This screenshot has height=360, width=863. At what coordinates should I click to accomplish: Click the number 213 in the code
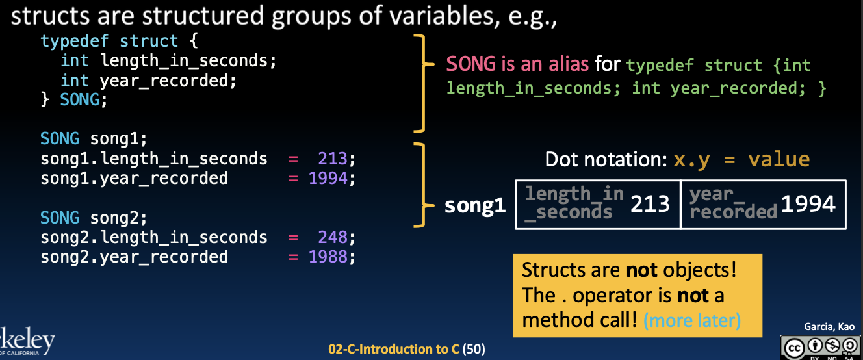pos(333,159)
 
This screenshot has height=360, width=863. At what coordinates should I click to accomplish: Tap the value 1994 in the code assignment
pos(328,178)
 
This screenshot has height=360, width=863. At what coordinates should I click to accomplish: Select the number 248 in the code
pos(333,237)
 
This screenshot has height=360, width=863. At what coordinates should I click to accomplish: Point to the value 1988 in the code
pos(328,257)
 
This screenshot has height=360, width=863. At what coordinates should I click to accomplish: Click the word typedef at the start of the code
pos(75,42)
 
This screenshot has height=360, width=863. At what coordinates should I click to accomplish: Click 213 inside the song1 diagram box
pos(650,203)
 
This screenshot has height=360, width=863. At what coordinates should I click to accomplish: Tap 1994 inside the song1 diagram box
pos(808,203)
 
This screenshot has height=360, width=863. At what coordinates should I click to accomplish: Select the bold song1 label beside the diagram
pos(475,205)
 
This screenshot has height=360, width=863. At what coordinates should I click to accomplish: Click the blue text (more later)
pos(692,320)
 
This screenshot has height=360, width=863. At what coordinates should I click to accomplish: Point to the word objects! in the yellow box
pos(700,270)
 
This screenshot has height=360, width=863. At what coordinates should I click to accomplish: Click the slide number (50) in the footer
pos(474,349)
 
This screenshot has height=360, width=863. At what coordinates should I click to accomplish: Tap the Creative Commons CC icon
pos(793,348)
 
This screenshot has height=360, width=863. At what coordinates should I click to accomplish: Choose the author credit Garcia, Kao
pos(829,326)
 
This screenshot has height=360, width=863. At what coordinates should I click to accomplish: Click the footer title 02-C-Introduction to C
pos(393,349)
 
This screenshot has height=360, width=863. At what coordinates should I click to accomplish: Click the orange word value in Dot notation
pos(779,159)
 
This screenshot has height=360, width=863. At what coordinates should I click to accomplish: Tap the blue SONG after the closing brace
pos(80,99)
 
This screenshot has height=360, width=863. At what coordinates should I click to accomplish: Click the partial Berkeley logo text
pos(27,340)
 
